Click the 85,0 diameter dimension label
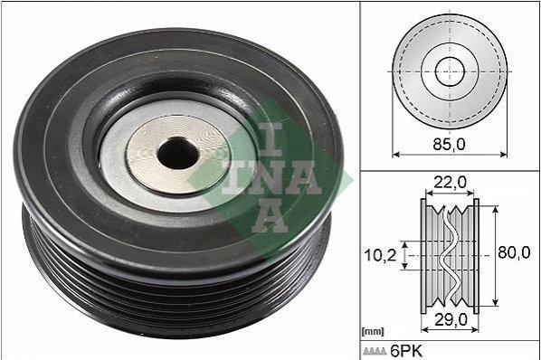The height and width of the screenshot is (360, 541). click(x=449, y=145)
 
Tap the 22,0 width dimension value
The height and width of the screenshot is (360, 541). click(x=450, y=182)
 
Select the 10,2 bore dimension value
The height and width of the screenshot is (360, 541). click(x=381, y=255)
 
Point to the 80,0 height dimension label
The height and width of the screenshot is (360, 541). click(x=514, y=252)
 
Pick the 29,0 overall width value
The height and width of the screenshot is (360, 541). click(x=451, y=320)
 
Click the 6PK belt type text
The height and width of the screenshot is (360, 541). click(x=406, y=351)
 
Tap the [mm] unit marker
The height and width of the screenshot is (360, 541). click(x=373, y=332)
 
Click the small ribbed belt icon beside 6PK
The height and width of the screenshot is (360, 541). click(x=375, y=351)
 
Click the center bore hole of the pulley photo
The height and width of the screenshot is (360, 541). click(x=178, y=153)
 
